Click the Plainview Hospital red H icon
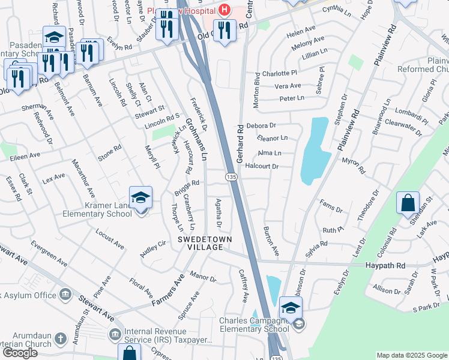click(x=224, y=10)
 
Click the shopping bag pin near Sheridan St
click(x=408, y=204)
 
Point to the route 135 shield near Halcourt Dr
click(x=231, y=177)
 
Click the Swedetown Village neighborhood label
click(x=204, y=243)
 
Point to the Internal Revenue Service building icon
click(x=114, y=333)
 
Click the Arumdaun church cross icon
click(x=60, y=338)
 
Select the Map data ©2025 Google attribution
click(x=412, y=355)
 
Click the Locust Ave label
click(x=109, y=238)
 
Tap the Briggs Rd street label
click(x=186, y=189)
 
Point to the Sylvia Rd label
click(x=316, y=248)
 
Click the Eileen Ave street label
click(x=25, y=155)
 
